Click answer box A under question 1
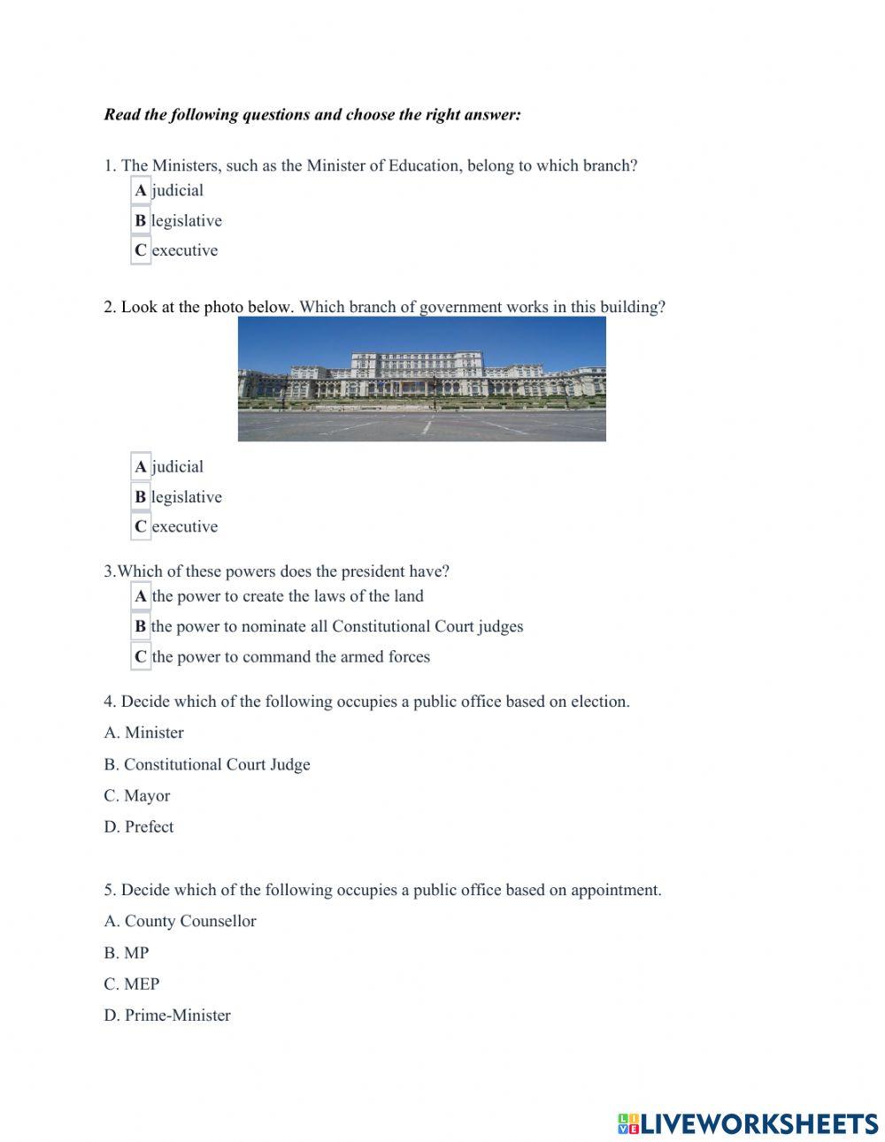tap(141, 190)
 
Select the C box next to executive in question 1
tap(141, 250)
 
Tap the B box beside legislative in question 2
tap(141, 497)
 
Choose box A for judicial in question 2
tap(141, 466)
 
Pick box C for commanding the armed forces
tap(141, 656)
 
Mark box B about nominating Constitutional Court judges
tap(141, 626)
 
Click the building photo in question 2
tap(421, 379)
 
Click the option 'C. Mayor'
tap(136, 795)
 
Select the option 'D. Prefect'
tap(138, 826)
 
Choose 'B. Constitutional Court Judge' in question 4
tap(206, 764)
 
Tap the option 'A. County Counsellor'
tap(180, 921)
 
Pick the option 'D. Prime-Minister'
tap(166, 1015)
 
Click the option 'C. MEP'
tap(131, 984)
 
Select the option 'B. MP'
tap(126, 953)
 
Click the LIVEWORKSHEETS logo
tap(747, 1123)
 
